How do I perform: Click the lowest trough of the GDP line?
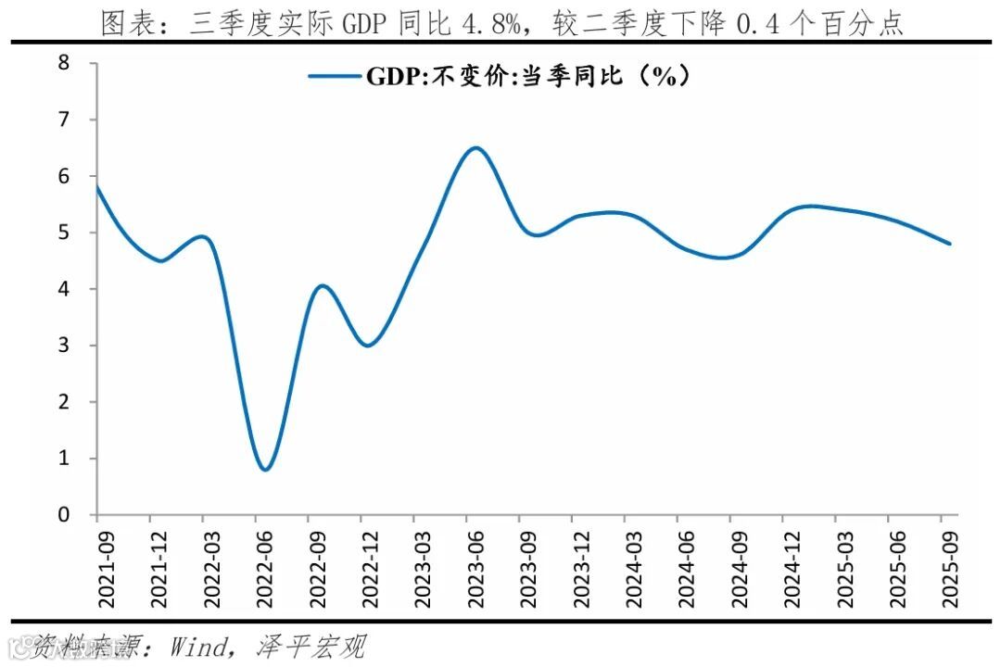(266, 470)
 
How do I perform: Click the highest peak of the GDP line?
(475, 147)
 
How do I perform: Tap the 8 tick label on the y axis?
(64, 63)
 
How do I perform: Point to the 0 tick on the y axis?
(64, 515)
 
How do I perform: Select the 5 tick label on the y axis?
(64, 233)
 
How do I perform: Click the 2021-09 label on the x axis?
(98, 568)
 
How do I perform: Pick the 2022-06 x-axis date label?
(256, 568)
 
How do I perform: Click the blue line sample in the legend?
(335, 77)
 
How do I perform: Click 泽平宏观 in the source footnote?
(310, 647)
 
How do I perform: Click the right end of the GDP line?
(950, 244)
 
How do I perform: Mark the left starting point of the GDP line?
(97, 186)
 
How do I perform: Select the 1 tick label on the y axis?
(64, 459)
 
